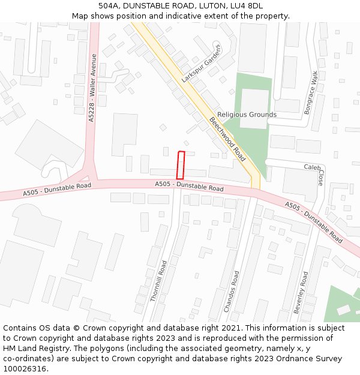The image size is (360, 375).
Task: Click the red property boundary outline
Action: pyautogui.click(x=180, y=164)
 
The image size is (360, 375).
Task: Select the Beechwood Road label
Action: pyautogui.click(x=227, y=139)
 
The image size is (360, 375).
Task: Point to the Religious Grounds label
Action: pyautogui.click(x=247, y=115)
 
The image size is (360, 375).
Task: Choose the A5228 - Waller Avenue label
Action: pyautogui.click(x=92, y=88)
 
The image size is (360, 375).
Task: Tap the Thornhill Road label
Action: pyautogui.click(x=158, y=280)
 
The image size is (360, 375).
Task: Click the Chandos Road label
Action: pyautogui.click(x=232, y=291)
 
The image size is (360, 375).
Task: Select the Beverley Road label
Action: pyautogui.click(x=301, y=292)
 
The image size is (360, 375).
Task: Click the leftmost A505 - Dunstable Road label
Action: pyautogui.click(x=57, y=190)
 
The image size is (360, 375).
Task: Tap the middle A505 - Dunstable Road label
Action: pyautogui.click(x=189, y=186)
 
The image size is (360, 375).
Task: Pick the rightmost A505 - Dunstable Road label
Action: pyautogui.click(x=314, y=222)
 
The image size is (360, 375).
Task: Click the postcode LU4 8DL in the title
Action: pyautogui.click(x=247, y=6)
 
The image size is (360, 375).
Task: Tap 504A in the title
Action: pyautogui.click(x=110, y=6)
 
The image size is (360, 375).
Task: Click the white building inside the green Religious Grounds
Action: pyautogui.click(x=254, y=109)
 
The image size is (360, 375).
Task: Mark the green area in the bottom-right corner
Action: pyautogui.click(x=342, y=305)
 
